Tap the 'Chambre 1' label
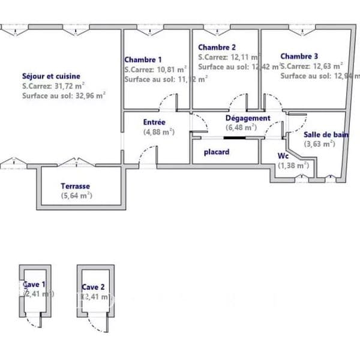(143, 59)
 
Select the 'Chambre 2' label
(217, 47)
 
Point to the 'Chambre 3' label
(299, 56)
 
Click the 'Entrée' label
(154, 122)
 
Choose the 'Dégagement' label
(248, 118)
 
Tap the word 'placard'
(217, 152)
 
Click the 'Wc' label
(283, 155)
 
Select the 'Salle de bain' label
(326, 135)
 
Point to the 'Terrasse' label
(75, 186)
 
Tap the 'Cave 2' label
(93, 287)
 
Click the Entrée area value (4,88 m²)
(158, 131)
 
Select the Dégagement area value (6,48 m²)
(241, 127)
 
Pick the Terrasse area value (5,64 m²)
(76, 195)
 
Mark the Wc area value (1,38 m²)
(293, 164)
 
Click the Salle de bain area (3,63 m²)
(319, 143)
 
